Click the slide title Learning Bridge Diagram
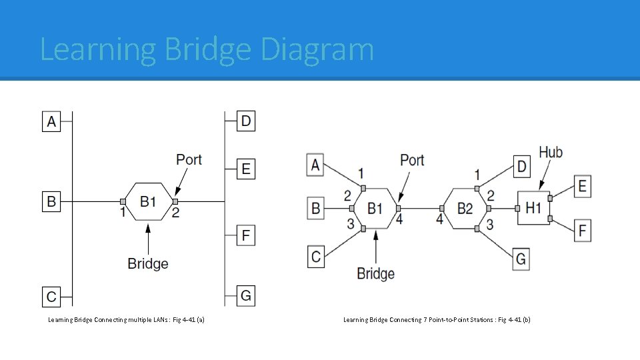[207, 49]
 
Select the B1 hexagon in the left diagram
[149, 201]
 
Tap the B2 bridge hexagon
[465, 209]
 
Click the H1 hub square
[533, 208]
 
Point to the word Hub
[551, 153]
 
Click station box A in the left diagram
[51, 121]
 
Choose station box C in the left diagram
[51, 295]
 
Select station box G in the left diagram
[246, 295]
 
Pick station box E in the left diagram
[246, 169]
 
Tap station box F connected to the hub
[582, 231]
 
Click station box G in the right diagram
[521, 258]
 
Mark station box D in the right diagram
[521, 165]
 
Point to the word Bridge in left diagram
[148, 263]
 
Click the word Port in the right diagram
[412, 160]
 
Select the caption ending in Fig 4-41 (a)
[127, 320]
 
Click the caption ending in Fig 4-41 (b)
[437, 320]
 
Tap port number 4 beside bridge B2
[439, 219]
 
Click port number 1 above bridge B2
[477, 175]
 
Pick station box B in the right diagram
[315, 209]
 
